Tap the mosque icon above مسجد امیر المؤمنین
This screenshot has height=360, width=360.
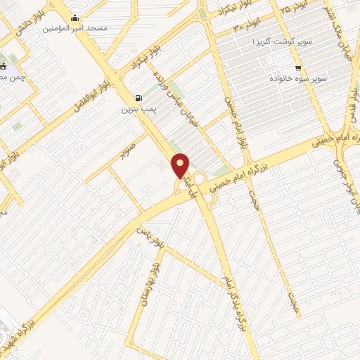click(x=75, y=18)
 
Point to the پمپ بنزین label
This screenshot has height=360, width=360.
click(x=137, y=110)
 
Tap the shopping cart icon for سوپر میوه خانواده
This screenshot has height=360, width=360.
click(x=298, y=68)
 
